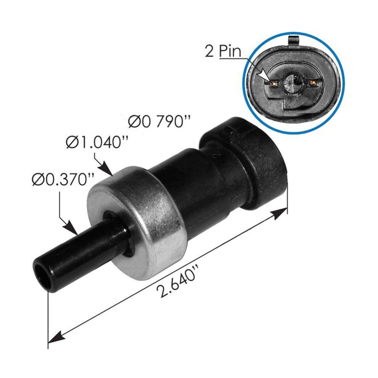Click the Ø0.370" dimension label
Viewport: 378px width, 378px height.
pos(63,180)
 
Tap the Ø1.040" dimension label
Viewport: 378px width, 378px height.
pos(94,142)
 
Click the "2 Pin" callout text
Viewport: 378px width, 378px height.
pos(223,51)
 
